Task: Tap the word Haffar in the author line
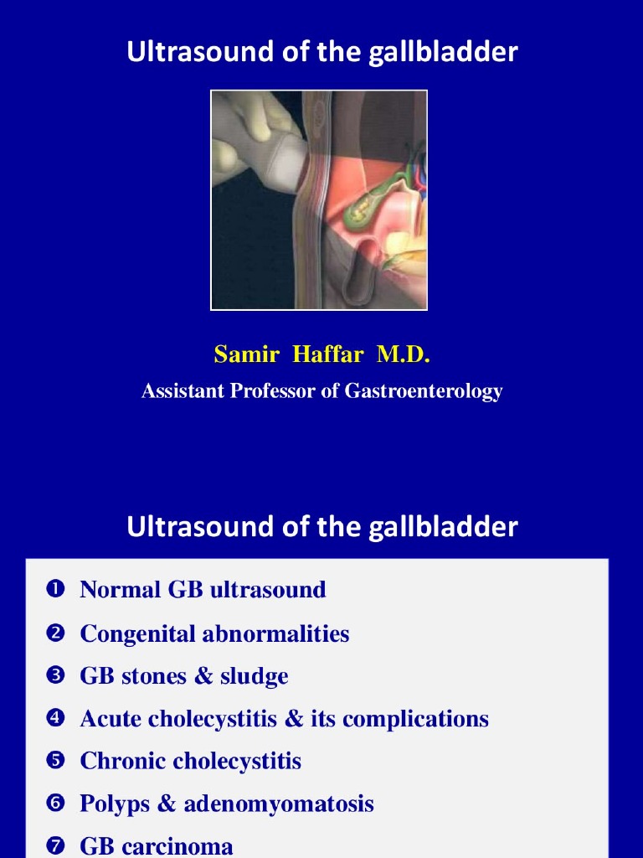coord(328,354)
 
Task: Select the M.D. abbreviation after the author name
coord(404,354)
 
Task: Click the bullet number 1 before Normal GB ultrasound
coord(56,590)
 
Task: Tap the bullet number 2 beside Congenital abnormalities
coord(56,633)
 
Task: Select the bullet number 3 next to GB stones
coord(56,676)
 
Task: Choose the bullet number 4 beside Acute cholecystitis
coord(56,719)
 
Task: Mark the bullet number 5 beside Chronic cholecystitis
coord(56,762)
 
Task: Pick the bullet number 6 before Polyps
coord(56,804)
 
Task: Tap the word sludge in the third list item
coord(254,676)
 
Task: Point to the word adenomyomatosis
coord(279,804)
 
